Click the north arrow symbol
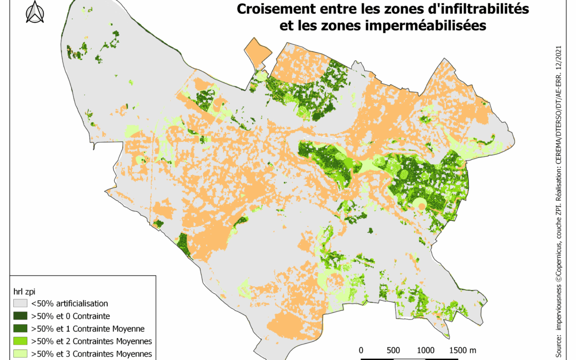click(x=35, y=13)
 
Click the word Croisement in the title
click(x=268, y=9)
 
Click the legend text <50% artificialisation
click(x=69, y=303)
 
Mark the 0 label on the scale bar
click(x=361, y=350)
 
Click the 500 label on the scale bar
click(x=394, y=350)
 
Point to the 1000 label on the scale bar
click(x=425, y=350)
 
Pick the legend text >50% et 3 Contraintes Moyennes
click(x=92, y=354)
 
